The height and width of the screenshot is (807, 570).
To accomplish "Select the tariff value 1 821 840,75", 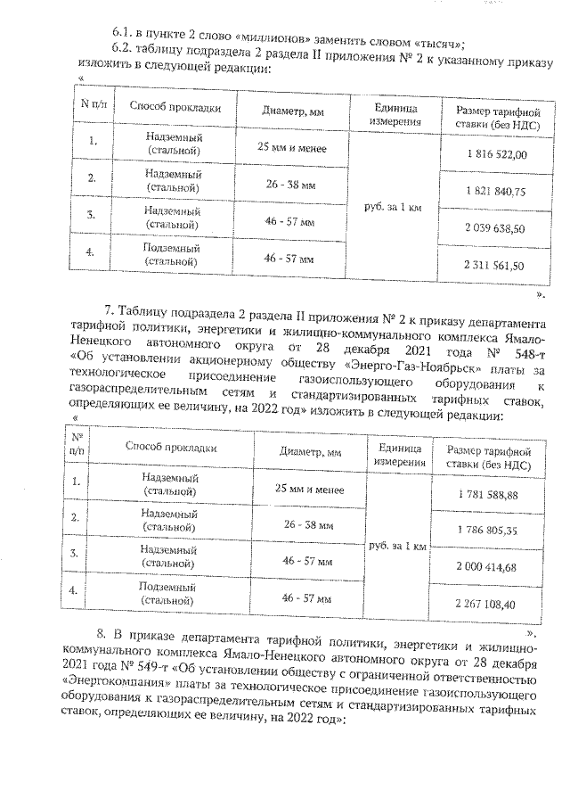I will [495, 192].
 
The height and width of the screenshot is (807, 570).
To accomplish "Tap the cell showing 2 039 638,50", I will [494, 228].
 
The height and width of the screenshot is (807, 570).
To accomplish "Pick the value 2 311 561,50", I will [494, 265].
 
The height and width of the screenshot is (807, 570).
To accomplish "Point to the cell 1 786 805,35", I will [486, 531].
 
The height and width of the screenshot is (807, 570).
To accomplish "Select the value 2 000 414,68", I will [486, 567].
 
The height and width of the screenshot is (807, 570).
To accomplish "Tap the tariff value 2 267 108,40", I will [486, 604].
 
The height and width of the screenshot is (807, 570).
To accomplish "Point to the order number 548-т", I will [515, 344].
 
